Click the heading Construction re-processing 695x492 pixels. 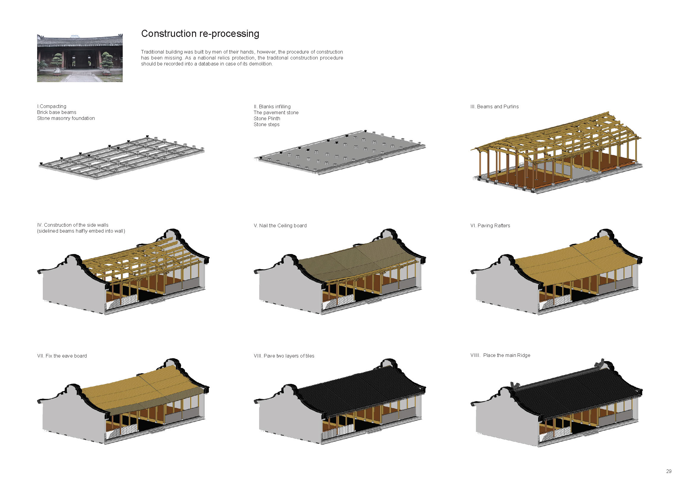pos(200,34)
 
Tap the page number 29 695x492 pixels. pos(669,471)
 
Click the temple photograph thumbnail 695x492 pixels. pos(80,58)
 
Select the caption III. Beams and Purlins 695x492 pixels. pos(494,107)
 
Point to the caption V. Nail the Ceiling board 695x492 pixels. pos(280,226)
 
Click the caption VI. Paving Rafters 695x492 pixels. pos(490,226)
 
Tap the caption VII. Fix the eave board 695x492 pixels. pos(62,356)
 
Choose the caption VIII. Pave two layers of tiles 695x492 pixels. pos(284,356)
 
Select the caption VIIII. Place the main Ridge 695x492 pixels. pos(500,355)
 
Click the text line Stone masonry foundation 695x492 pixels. pos(66,118)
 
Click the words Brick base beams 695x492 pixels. pos(57,112)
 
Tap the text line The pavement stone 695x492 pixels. pos(276,113)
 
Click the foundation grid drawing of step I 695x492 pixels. pos(121,158)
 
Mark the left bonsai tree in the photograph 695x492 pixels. pos(57,62)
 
